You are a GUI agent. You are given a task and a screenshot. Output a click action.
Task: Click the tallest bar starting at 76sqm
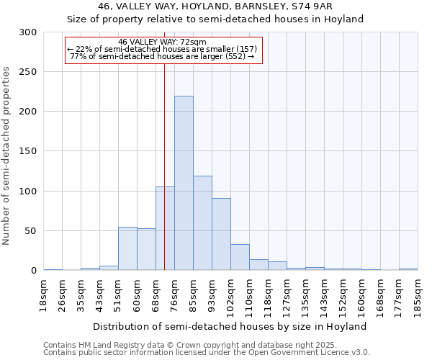point(184,184)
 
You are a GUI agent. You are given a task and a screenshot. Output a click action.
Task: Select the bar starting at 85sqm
point(202,223)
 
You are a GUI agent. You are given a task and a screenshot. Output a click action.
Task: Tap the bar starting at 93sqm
point(221,234)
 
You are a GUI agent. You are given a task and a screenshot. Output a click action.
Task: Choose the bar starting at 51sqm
point(127,248)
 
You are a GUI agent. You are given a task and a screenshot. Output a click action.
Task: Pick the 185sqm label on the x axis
point(418,296)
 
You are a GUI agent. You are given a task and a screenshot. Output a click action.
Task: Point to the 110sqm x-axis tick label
point(249,296)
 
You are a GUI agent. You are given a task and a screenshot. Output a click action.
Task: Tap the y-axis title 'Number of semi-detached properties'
point(6,156)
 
